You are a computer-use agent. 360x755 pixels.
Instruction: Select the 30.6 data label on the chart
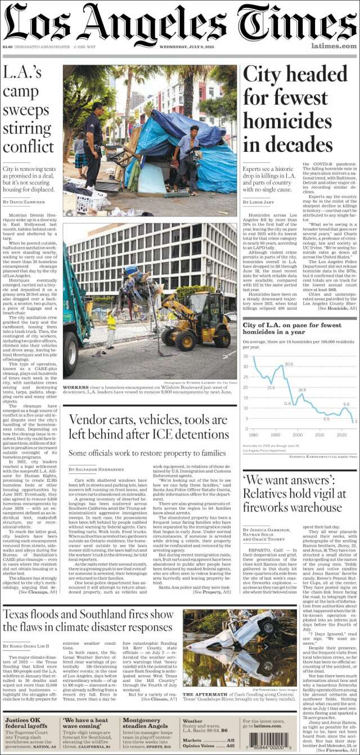(x=289, y=364)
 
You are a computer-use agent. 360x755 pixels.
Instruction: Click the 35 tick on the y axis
(x=246, y=356)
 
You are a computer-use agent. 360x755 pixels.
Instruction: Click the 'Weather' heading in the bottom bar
(x=192, y=720)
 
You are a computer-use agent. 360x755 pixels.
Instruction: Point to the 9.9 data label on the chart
(x=346, y=404)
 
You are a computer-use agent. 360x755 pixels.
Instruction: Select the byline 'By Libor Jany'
(x=260, y=201)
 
